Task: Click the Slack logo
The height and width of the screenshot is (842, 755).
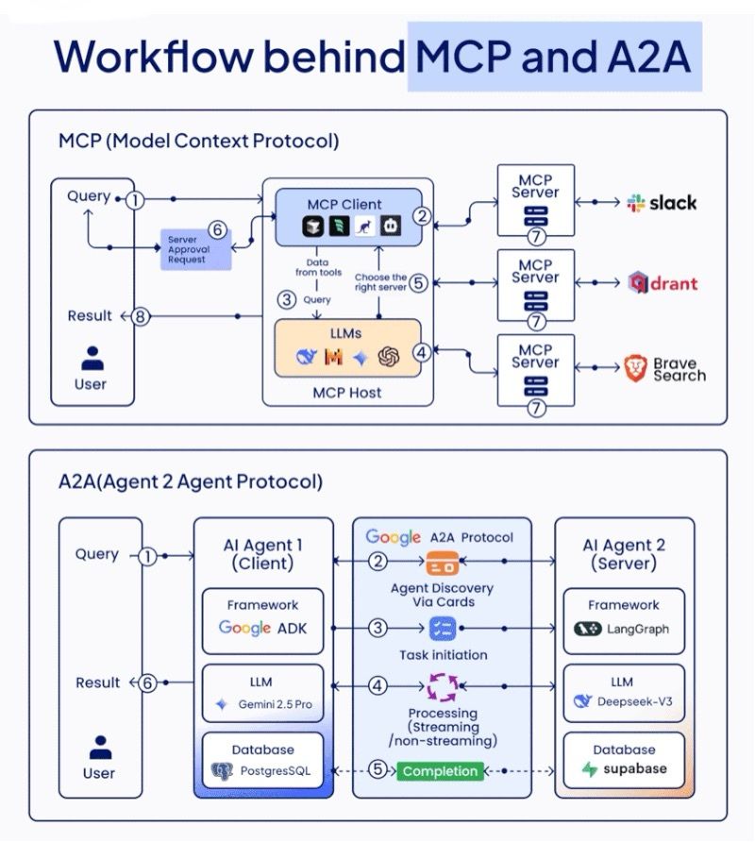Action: coord(635,203)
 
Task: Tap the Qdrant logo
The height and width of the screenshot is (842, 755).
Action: coord(638,283)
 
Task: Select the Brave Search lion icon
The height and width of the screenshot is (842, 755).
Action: coord(635,368)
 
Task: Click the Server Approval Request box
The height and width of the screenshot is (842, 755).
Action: coord(194,249)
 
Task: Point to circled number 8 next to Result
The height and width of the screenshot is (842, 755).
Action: coord(141,316)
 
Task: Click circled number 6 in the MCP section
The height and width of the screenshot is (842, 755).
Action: coord(216,229)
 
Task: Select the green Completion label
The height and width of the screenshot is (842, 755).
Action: coord(439,771)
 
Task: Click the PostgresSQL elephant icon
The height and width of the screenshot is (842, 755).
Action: coord(222,770)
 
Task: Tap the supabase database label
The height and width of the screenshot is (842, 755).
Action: coord(634,768)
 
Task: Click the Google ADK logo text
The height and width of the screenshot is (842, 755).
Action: coord(262,628)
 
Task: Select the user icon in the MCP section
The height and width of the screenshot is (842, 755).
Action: coord(92,359)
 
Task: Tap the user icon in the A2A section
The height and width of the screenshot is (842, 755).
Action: coord(100,748)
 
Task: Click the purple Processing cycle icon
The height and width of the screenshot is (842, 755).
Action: coord(441,686)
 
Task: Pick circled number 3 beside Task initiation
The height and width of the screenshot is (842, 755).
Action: coord(377,628)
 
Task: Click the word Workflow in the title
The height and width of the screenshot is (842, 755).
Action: coord(154,58)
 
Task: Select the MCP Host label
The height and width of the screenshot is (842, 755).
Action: coord(347,392)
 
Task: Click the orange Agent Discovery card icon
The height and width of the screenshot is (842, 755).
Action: coord(441,564)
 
